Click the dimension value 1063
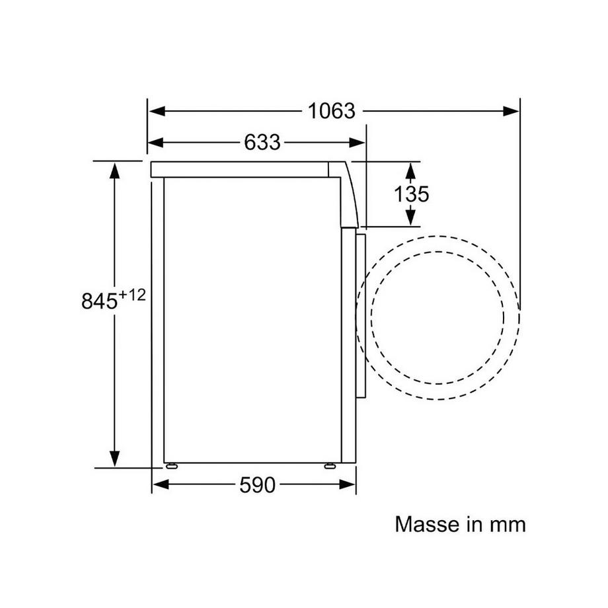pyautogui.click(x=332, y=111)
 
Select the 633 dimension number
pyautogui.click(x=262, y=142)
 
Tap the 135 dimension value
pyautogui.click(x=412, y=194)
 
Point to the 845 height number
pyautogui.click(x=99, y=301)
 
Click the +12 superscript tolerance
pyautogui.click(x=132, y=295)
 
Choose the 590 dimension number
pyautogui.click(x=258, y=484)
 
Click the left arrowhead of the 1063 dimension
pyautogui.click(x=157, y=111)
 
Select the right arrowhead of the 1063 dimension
pyautogui.click(x=511, y=111)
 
